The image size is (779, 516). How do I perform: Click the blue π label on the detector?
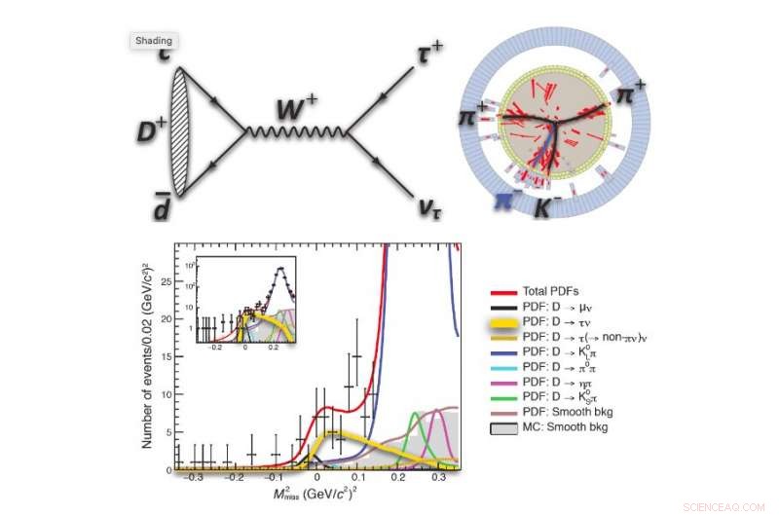[x=503, y=201]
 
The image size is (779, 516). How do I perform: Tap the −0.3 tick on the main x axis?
[x=197, y=480]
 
